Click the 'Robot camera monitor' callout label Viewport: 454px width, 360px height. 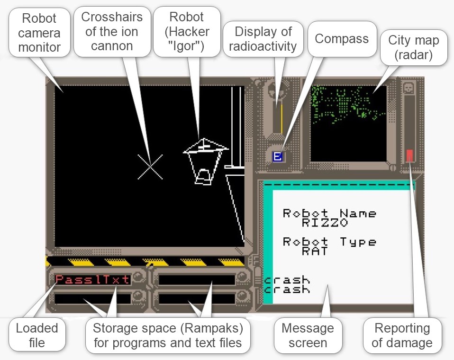[x=39, y=33]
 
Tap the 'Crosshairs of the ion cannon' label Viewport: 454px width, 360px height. [x=112, y=31]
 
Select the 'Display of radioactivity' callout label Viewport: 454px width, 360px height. [x=263, y=39]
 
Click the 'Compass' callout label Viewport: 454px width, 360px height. [x=341, y=39]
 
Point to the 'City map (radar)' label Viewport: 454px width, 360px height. [x=413, y=47]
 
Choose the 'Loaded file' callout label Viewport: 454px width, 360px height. [x=36, y=335]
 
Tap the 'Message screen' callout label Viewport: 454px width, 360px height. [x=308, y=335]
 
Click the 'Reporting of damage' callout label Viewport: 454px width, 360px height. [x=402, y=335]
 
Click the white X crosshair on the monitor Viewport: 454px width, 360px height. [x=150, y=167]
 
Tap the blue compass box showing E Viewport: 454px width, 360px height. [x=278, y=156]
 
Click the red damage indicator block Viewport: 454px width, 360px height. [x=410, y=155]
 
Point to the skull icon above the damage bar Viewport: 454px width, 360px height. [x=407, y=87]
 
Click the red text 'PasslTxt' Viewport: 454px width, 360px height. [x=92, y=279]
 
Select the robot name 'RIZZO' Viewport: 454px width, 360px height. [x=325, y=223]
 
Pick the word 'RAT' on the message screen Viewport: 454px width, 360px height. [x=314, y=251]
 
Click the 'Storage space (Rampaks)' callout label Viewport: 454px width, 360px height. [x=167, y=335]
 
